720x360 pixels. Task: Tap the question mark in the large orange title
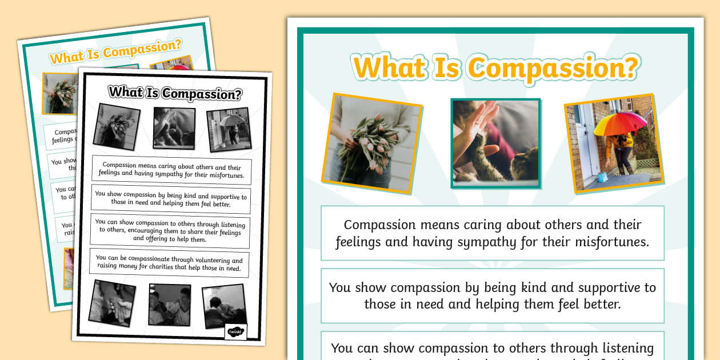629,68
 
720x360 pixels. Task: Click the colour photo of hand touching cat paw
495,143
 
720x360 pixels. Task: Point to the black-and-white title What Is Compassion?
175,93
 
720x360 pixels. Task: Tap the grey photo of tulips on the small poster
116,126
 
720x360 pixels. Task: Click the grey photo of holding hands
112,303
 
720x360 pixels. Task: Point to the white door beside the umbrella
582,149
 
